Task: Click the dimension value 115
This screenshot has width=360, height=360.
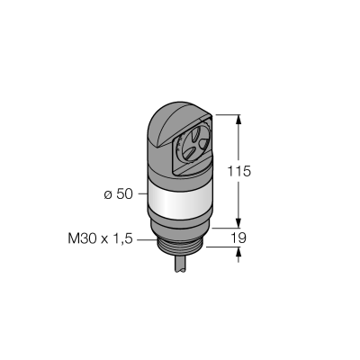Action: coord(238,171)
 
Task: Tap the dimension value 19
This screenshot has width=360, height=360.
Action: coord(238,238)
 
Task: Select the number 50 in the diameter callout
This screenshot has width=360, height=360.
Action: coord(124,194)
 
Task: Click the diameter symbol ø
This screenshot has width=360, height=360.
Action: coord(108,195)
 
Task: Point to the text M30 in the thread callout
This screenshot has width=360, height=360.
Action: coord(83,239)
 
